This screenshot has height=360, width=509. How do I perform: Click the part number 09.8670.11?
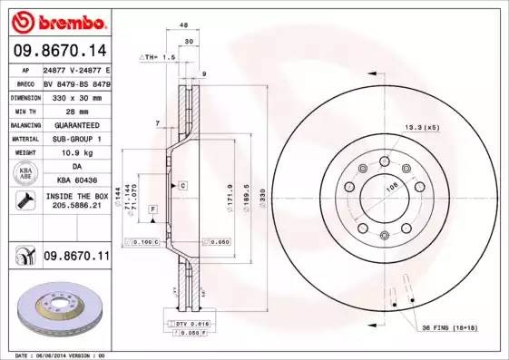click(x=76, y=258)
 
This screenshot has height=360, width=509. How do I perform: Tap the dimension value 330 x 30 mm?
click(x=75, y=95)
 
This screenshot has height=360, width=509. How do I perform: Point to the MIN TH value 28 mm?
click(x=75, y=109)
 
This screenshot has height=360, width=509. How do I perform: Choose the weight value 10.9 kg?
click(x=75, y=153)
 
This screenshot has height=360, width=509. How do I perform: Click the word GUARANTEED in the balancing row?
click(x=75, y=124)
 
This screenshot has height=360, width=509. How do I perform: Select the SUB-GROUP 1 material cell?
click(x=75, y=139)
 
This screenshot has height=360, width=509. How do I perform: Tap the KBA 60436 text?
click(x=76, y=180)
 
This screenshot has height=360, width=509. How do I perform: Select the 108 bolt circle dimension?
click(x=394, y=188)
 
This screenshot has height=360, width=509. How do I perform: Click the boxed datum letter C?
click(x=182, y=185)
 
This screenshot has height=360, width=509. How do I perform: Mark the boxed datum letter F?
click(x=152, y=209)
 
